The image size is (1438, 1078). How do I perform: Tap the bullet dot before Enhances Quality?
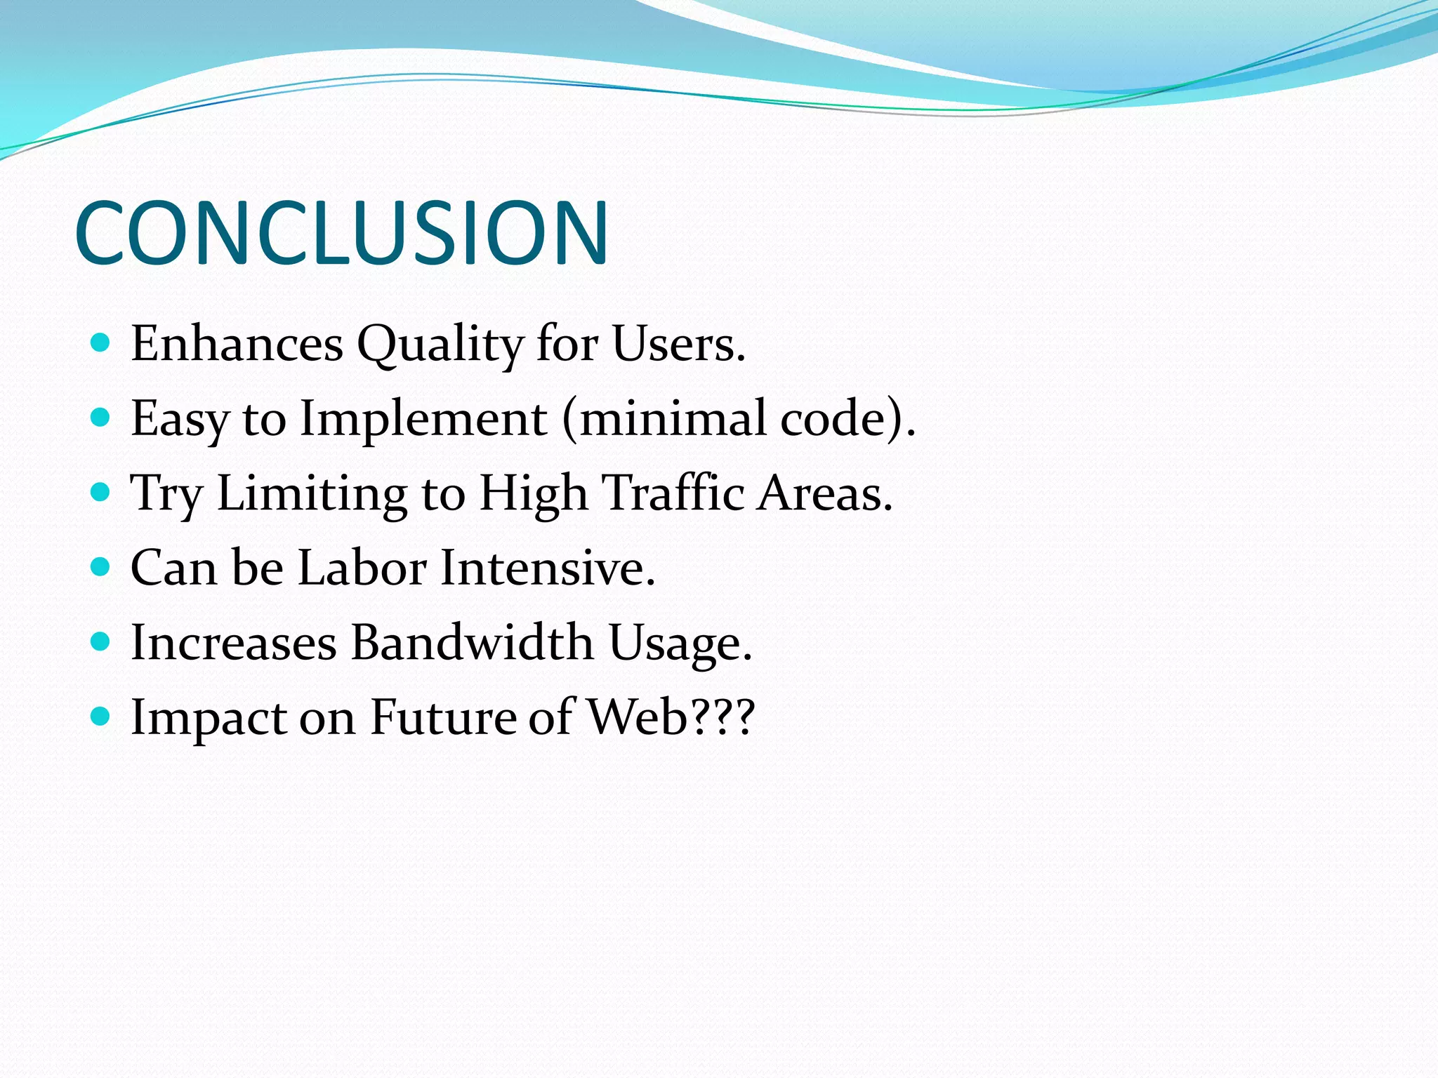pyautogui.click(x=101, y=342)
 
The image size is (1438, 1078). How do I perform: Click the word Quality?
pyautogui.click(x=440, y=345)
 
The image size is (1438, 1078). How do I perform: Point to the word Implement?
pyautogui.click(x=423, y=419)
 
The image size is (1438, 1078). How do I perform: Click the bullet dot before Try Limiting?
pyautogui.click(x=101, y=492)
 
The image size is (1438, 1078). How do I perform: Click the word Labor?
pyautogui.click(x=362, y=568)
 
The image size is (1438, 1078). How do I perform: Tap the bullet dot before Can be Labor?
pyautogui.click(x=101, y=566)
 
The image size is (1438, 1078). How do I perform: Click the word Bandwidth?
pyautogui.click(x=472, y=643)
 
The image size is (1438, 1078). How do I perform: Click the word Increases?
pyautogui.click(x=234, y=643)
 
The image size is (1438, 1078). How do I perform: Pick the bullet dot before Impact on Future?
pyautogui.click(x=101, y=716)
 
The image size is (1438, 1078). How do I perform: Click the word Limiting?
pyautogui.click(x=312, y=493)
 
